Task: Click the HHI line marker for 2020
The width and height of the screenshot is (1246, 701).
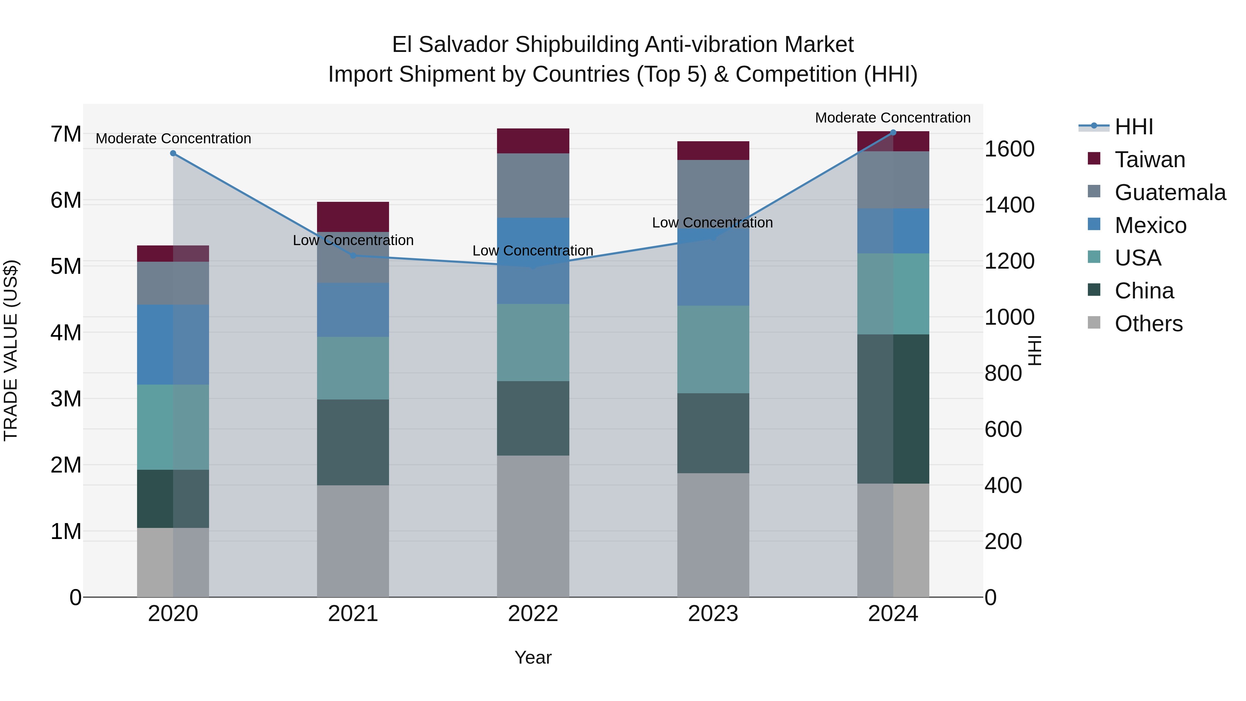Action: click(x=173, y=153)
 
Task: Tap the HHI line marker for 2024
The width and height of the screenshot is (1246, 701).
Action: click(x=893, y=133)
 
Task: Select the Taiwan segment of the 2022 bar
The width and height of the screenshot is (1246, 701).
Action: click(x=533, y=141)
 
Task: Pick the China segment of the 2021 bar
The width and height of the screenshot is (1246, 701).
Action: click(x=353, y=442)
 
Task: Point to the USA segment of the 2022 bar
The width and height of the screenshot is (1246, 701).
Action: click(x=533, y=342)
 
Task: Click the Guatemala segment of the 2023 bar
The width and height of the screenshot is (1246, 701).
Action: click(x=713, y=194)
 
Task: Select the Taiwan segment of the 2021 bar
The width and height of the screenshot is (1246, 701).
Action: click(x=353, y=217)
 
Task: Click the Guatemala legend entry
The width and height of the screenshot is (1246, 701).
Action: click(x=1170, y=192)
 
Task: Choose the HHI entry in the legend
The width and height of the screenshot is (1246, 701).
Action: click(x=1133, y=127)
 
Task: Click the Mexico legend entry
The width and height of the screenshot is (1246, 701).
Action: click(x=1150, y=225)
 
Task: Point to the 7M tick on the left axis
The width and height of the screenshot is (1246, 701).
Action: click(x=66, y=135)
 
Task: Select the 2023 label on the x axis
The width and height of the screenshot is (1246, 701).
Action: click(x=713, y=614)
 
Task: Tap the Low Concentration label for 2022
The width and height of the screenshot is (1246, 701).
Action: click(x=533, y=251)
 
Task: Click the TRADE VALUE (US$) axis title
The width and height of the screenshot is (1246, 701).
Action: click(x=11, y=350)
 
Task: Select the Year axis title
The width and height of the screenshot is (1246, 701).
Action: click(x=533, y=657)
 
